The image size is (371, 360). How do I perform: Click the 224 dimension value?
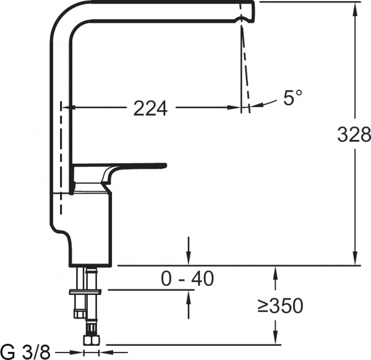150,108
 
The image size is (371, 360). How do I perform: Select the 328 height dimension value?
354,134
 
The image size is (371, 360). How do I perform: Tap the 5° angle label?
292,98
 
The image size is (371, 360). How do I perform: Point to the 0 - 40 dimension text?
187,279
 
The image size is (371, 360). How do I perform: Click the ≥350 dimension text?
280,305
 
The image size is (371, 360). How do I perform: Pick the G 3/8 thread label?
26,352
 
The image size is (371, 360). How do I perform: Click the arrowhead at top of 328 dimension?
356,6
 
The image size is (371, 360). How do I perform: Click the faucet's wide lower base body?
87,235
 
